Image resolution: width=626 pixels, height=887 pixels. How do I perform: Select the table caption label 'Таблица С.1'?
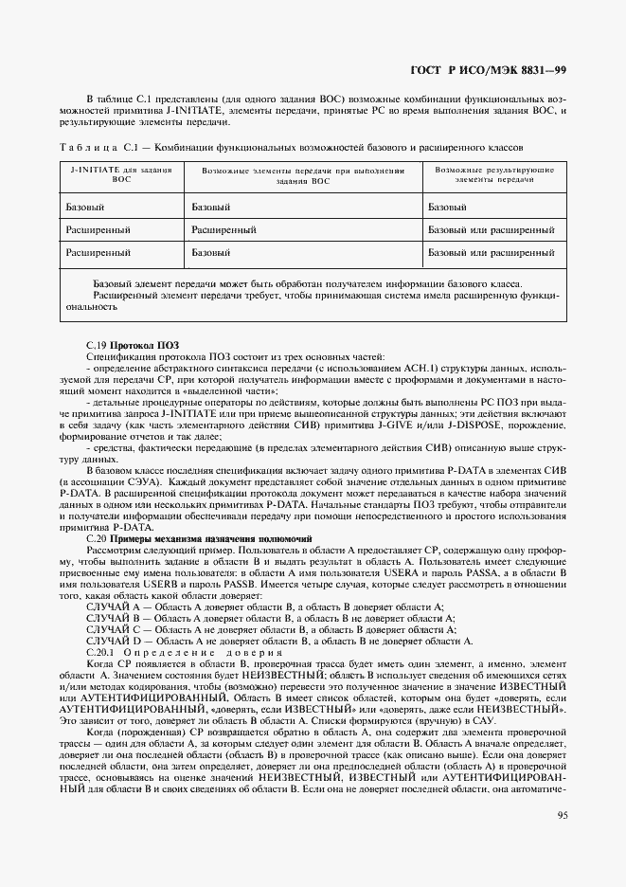click(99, 149)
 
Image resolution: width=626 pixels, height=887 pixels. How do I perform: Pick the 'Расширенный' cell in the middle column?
click(224, 229)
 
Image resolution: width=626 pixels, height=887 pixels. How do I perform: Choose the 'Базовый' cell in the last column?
click(447, 206)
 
